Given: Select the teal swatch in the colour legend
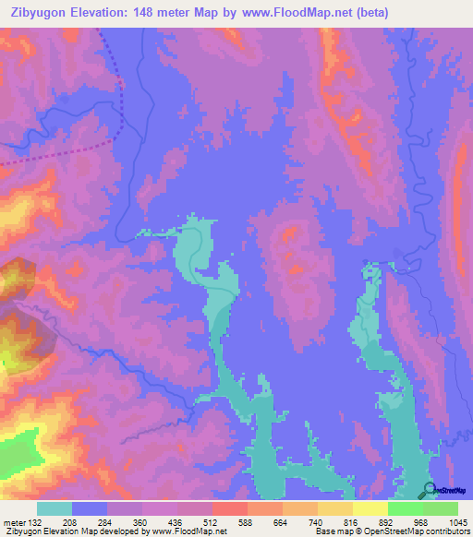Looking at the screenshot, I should tap(55, 508).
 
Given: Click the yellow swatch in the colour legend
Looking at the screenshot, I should tap(370, 508).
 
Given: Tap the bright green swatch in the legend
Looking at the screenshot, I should tap(405, 508).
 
